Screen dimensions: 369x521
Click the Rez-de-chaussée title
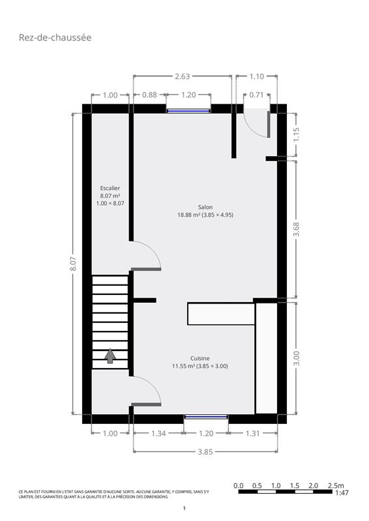tap(55, 37)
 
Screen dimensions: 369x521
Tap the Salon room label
tap(205, 207)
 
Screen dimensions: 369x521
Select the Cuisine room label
tap(200, 358)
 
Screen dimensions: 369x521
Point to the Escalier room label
tap(110, 188)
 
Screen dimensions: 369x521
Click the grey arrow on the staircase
tap(110, 356)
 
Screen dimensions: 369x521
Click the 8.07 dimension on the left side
tap(73, 264)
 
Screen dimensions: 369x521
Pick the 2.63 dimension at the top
tap(183, 76)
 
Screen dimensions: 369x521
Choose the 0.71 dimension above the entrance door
tap(256, 95)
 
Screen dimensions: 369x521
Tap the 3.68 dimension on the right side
tap(296, 229)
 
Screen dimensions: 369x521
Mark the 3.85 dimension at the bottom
tap(205, 452)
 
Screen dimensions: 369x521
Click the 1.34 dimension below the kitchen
tap(158, 433)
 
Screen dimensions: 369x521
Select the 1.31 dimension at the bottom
tap(252, 433)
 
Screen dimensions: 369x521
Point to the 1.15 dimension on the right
tap(296, 135)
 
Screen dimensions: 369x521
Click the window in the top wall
tap(188, 111)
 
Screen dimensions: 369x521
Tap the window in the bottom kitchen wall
tap(206, 417)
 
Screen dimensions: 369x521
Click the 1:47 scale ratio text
tap(342, 492)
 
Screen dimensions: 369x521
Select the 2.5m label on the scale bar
tap(336, 485)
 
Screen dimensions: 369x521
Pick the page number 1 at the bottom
tap(184, 508)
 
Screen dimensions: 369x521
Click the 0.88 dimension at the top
tap(149, 95)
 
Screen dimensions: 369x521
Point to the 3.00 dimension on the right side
tap(296, 358)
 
